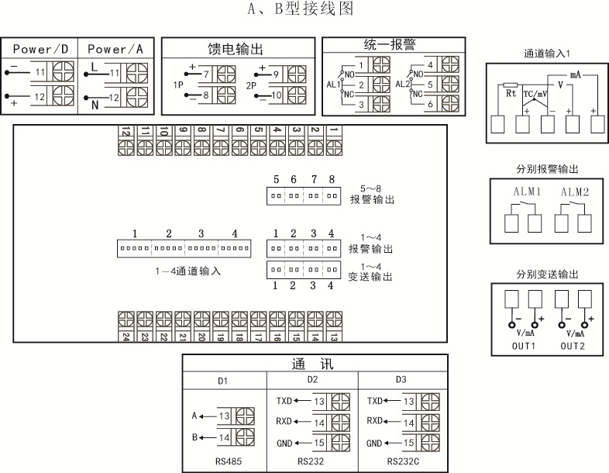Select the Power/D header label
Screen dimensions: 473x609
40,49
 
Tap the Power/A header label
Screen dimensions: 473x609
116,49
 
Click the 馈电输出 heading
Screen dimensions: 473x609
238,47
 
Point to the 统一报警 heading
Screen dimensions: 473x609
394,44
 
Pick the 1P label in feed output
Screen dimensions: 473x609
178,85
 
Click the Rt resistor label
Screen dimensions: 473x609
511,92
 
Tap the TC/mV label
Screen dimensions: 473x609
535,93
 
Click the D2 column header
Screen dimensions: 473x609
312,380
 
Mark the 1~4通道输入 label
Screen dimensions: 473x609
188,271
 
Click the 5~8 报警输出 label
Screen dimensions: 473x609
372,194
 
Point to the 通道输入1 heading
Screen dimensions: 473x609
547,54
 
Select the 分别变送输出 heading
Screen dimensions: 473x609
547,275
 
